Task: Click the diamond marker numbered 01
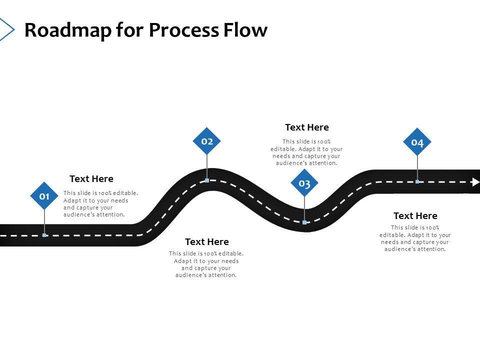tap(44, 195)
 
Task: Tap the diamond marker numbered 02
tap(207, 141)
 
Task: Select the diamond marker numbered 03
tap(304, 183)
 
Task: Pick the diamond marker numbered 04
tap(417, 142)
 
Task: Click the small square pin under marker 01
tap(44, 235)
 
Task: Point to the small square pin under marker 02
tap(207, 180)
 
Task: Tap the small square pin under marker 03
tap(304, 222)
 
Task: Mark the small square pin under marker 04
tap(417, 182)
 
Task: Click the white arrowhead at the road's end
tap(475, 182)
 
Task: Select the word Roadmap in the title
tap(67, 30)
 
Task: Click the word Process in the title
tap(182, 30)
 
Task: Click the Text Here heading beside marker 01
tap(91, 179)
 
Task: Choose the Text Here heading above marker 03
tap(307, 127)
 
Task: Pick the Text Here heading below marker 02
tap(207, 242)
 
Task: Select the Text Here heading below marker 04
tap(415, 216)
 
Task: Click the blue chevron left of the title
tap(6, 29)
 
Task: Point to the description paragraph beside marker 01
tap(100, 203)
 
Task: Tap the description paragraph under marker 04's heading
tap(415, 238)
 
